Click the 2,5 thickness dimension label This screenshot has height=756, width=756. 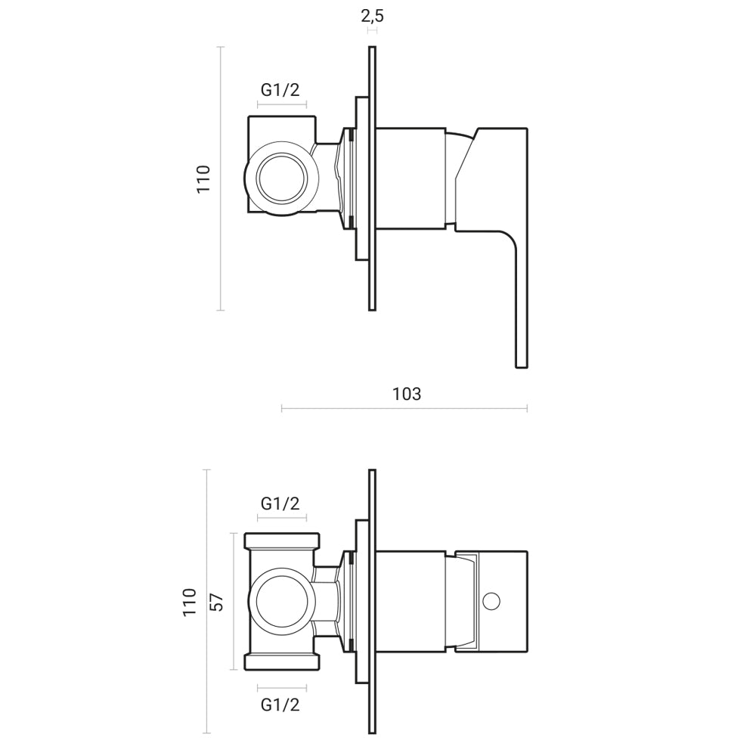(x=372, y=15)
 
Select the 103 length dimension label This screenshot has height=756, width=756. (x=407, y=394)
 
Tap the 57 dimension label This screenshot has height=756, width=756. (x=216, y=602)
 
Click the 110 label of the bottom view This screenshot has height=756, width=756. (x=190, y=602)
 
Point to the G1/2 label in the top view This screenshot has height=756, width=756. (x=280, y=90)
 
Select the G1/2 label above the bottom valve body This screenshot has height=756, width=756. (x=280, y=503)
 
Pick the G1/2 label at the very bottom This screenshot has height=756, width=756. (x=280, y=705)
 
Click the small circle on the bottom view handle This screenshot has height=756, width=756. (x=491, y=602)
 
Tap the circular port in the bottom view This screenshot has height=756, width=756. (x=282, y=602)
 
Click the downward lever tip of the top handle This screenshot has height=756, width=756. (x=522, y=355)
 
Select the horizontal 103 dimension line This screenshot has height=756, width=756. (x=404, y=409)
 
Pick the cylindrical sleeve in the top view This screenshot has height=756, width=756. (x=410, y=178)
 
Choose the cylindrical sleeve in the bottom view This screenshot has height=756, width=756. (x=410, y=602)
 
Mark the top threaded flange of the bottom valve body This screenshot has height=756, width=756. (x=282, y=541)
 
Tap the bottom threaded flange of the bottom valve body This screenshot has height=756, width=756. (x=282, y=662)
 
